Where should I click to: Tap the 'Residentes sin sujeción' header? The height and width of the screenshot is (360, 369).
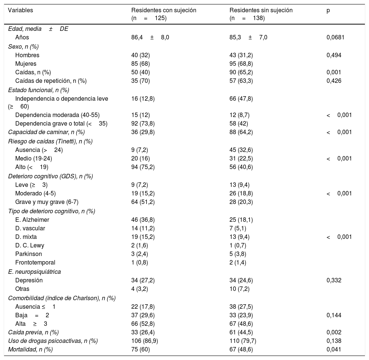pos(261,10)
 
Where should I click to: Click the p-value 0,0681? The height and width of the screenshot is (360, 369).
pos(336,38)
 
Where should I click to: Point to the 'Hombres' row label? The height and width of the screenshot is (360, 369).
pos(27,55)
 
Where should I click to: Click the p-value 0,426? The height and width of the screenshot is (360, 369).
pos(334,81)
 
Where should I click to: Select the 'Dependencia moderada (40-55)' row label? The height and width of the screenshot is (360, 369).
pos(57,115)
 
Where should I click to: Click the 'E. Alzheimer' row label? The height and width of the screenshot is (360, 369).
pos(32,220)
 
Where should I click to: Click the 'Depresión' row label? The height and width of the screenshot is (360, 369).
pos(29,280)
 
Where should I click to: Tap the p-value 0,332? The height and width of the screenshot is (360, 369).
pos(334,280)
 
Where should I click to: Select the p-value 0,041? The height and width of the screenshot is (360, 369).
pos(334,349)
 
